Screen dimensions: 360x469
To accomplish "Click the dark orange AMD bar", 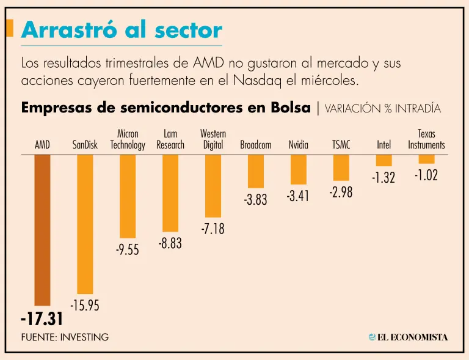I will click(x=42, y=229).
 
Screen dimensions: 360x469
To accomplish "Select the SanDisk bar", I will click(x=85, y=224).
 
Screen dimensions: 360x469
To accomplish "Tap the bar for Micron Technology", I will click(x=128, y=196).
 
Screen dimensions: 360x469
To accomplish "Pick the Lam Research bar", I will click(x=170, y=193).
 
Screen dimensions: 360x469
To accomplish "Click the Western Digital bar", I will click(x=213, y=185).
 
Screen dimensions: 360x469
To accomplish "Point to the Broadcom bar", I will click(x=256, y=171).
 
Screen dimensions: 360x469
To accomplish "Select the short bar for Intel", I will click(x=384, y=160).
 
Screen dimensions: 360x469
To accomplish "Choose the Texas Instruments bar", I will click(x=426, y=159).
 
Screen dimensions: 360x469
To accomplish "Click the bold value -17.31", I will click(x=42, y=318).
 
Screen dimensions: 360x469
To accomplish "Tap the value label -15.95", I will click(x=84, y=306).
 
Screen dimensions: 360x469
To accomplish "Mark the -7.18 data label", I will click(x=213, y=229).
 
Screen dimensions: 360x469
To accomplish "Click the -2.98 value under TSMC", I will click(x=341, y=193).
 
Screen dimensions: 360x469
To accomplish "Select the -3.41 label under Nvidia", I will click(x=298, y=197).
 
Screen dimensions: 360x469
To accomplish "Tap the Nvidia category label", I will click(x=299, y=145).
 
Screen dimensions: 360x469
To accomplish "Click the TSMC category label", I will click(x=341, y=145).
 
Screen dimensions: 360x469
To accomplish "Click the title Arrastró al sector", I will click(x=122, y=30).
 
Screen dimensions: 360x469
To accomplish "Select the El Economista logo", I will click(x=408, y=337).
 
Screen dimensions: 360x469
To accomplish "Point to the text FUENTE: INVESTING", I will click(x=65, y=337).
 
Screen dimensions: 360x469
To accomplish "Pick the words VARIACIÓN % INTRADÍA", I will click(x=383, y=109).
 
